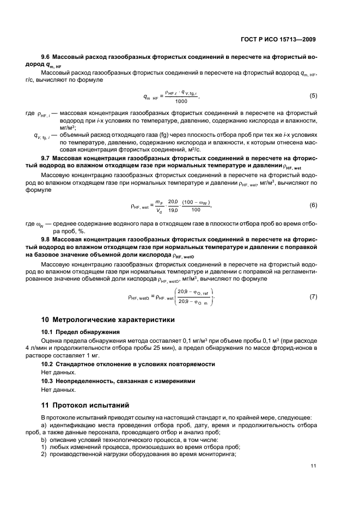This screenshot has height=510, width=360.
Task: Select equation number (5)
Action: click(313, 96)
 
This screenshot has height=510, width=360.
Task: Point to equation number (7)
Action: click(313, 297)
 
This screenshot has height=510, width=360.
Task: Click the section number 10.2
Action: click(48, 363)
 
